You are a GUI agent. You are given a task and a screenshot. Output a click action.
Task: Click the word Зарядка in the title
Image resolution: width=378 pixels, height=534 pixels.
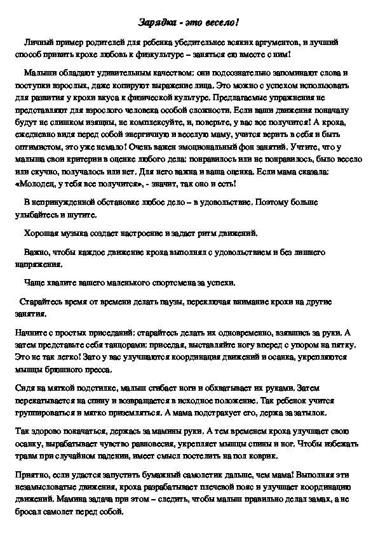tap(156, 23)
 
